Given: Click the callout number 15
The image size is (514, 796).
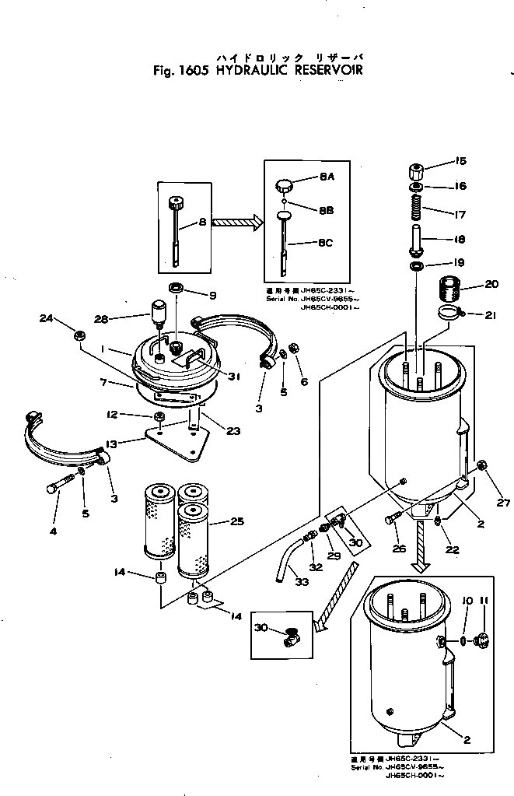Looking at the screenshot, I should (x=460, y=161).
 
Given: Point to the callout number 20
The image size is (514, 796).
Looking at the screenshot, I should (x=491, y=284).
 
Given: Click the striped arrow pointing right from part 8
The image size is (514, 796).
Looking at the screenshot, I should (x=237, y=222).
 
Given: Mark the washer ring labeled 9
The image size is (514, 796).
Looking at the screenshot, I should (x=177, y=289).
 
